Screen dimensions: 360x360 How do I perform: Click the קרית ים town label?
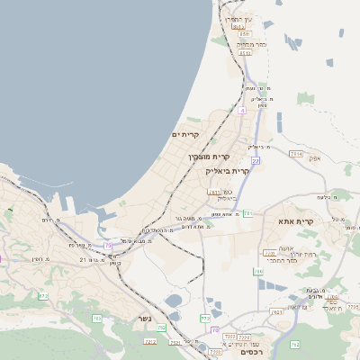coord(185,134)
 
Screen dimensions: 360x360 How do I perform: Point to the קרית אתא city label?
coord(295,220)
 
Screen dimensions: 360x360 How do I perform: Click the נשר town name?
coord(144,319)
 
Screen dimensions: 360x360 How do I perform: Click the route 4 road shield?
coord(242,111)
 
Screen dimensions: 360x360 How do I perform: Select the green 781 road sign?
coord(247,213)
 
